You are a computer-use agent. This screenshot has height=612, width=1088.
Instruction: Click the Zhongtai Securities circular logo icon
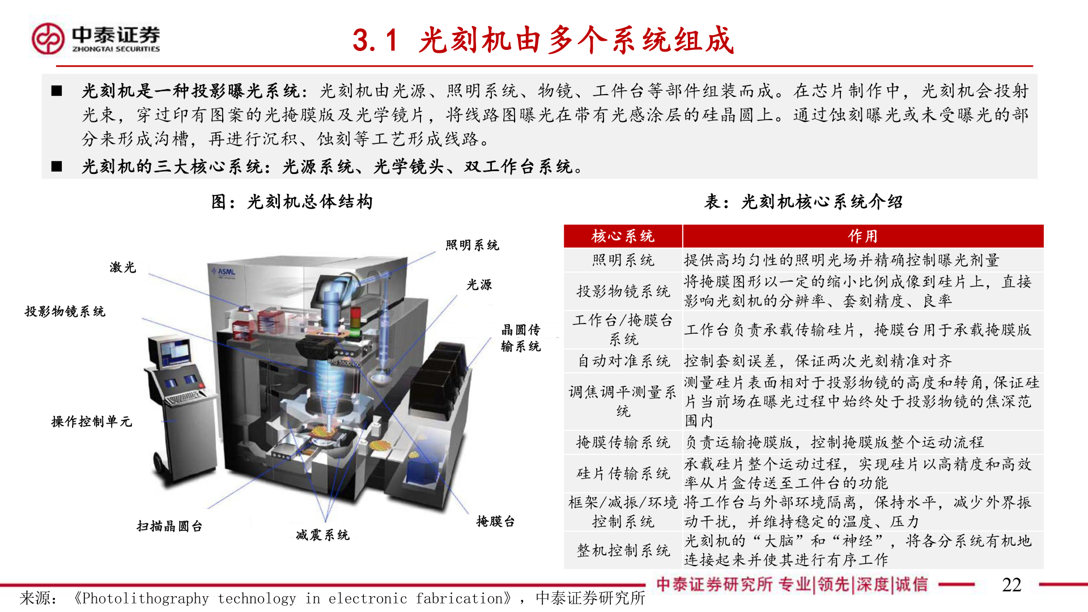coord(48,39)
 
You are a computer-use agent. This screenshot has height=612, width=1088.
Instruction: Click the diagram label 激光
coord(123,267)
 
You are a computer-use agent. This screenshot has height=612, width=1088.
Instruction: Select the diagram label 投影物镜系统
coord(65,312)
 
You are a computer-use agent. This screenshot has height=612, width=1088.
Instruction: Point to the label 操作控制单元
coord(92,422)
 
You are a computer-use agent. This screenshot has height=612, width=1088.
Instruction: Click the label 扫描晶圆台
coord(169,526)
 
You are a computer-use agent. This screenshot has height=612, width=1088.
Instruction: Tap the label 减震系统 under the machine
coord(322,535)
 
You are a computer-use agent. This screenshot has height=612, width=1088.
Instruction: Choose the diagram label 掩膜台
coord(495,521)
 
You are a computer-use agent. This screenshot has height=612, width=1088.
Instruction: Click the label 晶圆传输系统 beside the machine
coord(521,338)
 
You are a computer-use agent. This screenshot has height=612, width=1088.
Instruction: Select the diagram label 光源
coord(479,285)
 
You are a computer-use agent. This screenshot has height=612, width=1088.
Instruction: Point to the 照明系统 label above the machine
coord(472,245)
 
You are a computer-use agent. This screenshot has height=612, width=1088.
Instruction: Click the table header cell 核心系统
coord(623,236)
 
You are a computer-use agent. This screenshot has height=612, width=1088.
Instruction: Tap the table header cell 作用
coord(862,236)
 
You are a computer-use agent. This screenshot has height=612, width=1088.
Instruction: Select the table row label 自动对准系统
coord(623,361)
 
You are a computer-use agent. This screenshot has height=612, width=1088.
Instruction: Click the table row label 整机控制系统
coord(623,550)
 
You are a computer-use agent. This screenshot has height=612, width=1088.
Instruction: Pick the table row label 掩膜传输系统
coord(623,442)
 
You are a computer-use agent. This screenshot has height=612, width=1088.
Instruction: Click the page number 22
coord(1011,585)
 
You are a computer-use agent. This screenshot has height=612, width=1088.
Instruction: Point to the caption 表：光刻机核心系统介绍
coord(803,202)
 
